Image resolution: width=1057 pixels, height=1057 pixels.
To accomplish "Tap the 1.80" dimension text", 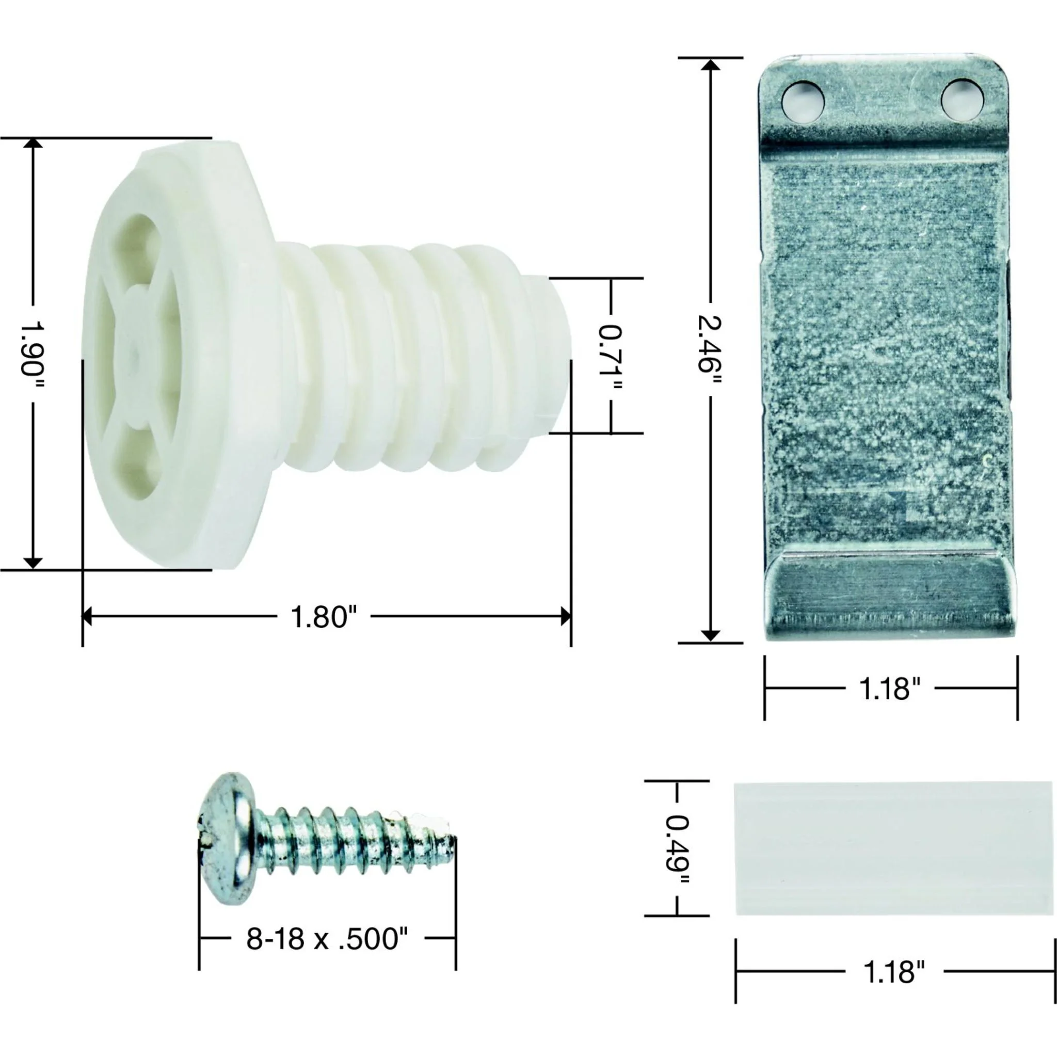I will [323, 617].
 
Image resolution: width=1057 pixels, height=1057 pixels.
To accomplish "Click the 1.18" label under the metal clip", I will [890, 688].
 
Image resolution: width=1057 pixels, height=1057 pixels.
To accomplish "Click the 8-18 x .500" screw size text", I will [327, 939].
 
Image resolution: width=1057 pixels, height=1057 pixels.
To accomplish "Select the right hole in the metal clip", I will [962, 99].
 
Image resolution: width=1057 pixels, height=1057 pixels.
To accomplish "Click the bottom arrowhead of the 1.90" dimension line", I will [33, 563].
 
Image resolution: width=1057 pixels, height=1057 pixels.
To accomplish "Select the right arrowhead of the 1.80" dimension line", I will [566, 617].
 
